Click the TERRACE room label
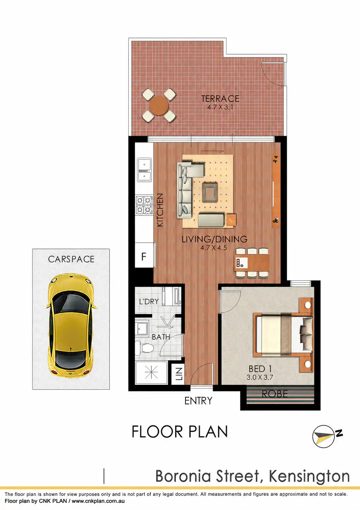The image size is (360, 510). point(220,99)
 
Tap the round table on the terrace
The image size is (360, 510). point(159,106)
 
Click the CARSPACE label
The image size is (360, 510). point(71,259)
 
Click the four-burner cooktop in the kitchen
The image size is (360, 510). point(144,205)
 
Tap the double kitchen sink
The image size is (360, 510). point(144,170)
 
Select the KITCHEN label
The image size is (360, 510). point(160,210)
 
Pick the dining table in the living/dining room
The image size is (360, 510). point(252,263)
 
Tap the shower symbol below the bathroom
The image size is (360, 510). point(151,373)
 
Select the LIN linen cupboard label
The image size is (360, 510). point(179,374)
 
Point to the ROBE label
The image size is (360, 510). point(275,394)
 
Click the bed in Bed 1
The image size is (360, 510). point(283,334)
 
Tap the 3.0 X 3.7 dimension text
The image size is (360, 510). point(260,377)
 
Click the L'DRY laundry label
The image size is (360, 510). point(149,302)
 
